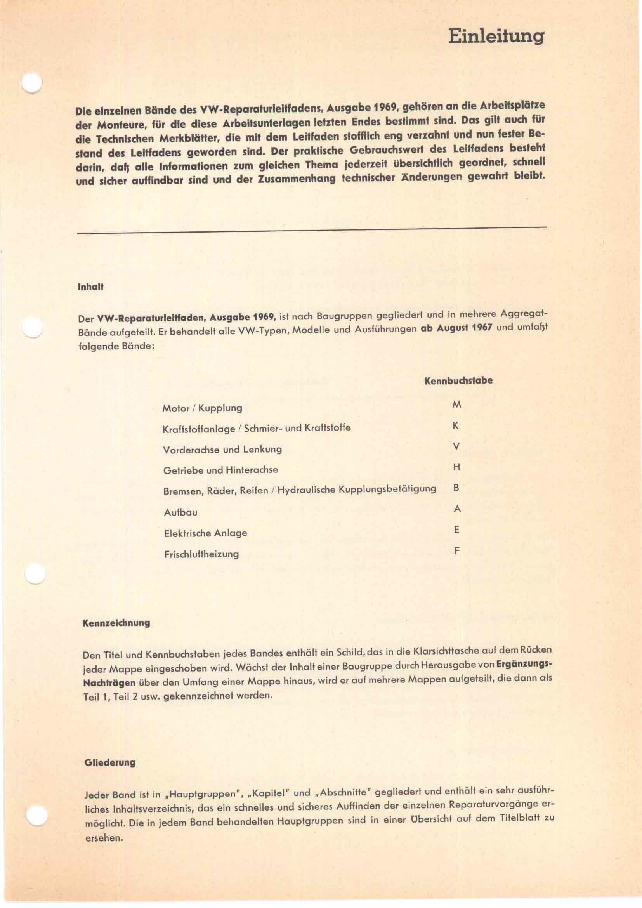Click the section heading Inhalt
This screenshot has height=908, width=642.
coord(90,287)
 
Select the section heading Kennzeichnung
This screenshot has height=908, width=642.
coord(116,623)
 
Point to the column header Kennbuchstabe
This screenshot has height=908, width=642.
coord(458,381)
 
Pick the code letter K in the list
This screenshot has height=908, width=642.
coord(456,426)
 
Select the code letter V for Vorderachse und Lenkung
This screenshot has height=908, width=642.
coord(456,447)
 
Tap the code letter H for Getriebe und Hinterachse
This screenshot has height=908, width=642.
coord(456,467)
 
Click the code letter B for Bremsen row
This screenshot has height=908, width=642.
coord(456,488)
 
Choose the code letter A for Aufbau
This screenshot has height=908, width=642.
coord(457,509)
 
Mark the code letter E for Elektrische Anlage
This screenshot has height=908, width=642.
coord(456,530)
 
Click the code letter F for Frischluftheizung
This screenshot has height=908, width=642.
coord(456,550)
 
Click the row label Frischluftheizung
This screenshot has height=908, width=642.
coord(201,554)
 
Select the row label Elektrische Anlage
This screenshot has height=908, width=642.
coord(206,533)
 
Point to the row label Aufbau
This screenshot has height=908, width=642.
coord(180,512)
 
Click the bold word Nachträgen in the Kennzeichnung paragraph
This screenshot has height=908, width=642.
coord(109,683)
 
